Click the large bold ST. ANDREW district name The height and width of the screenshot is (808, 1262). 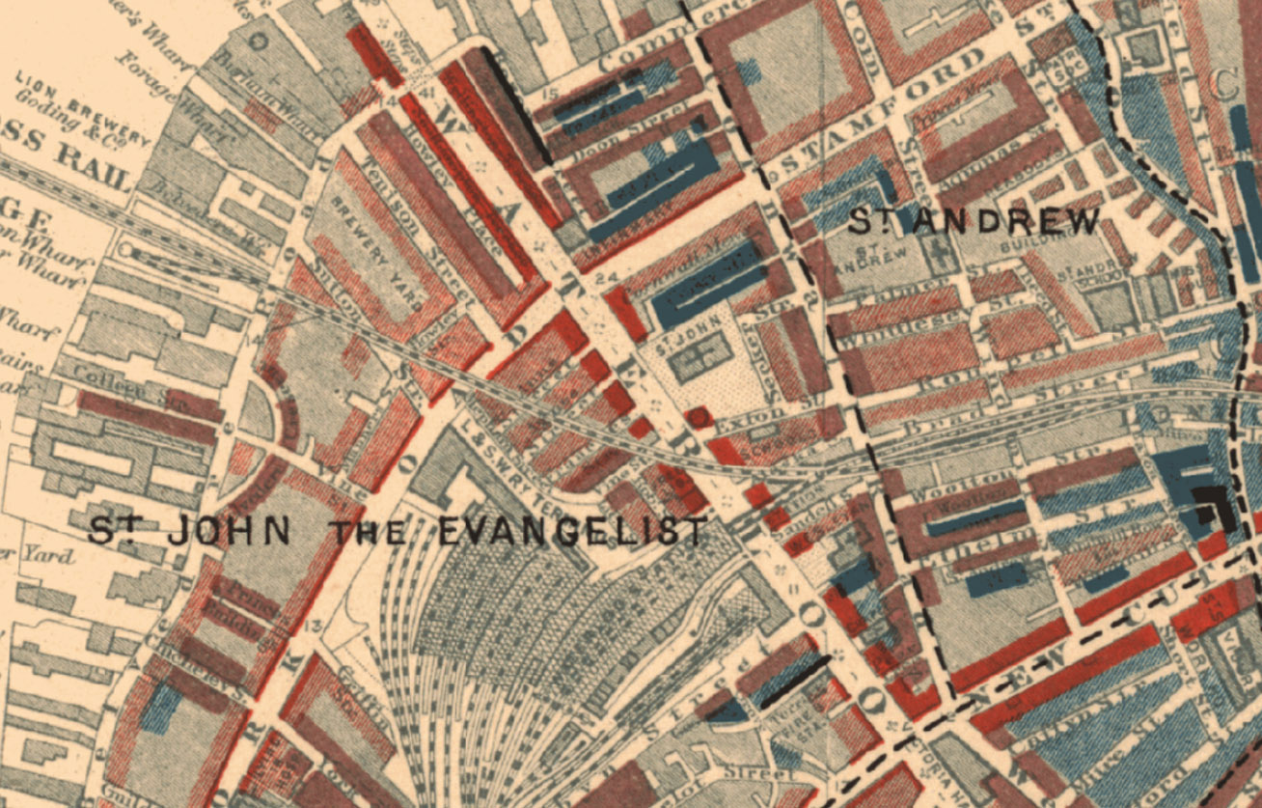[x=974, y=221]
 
